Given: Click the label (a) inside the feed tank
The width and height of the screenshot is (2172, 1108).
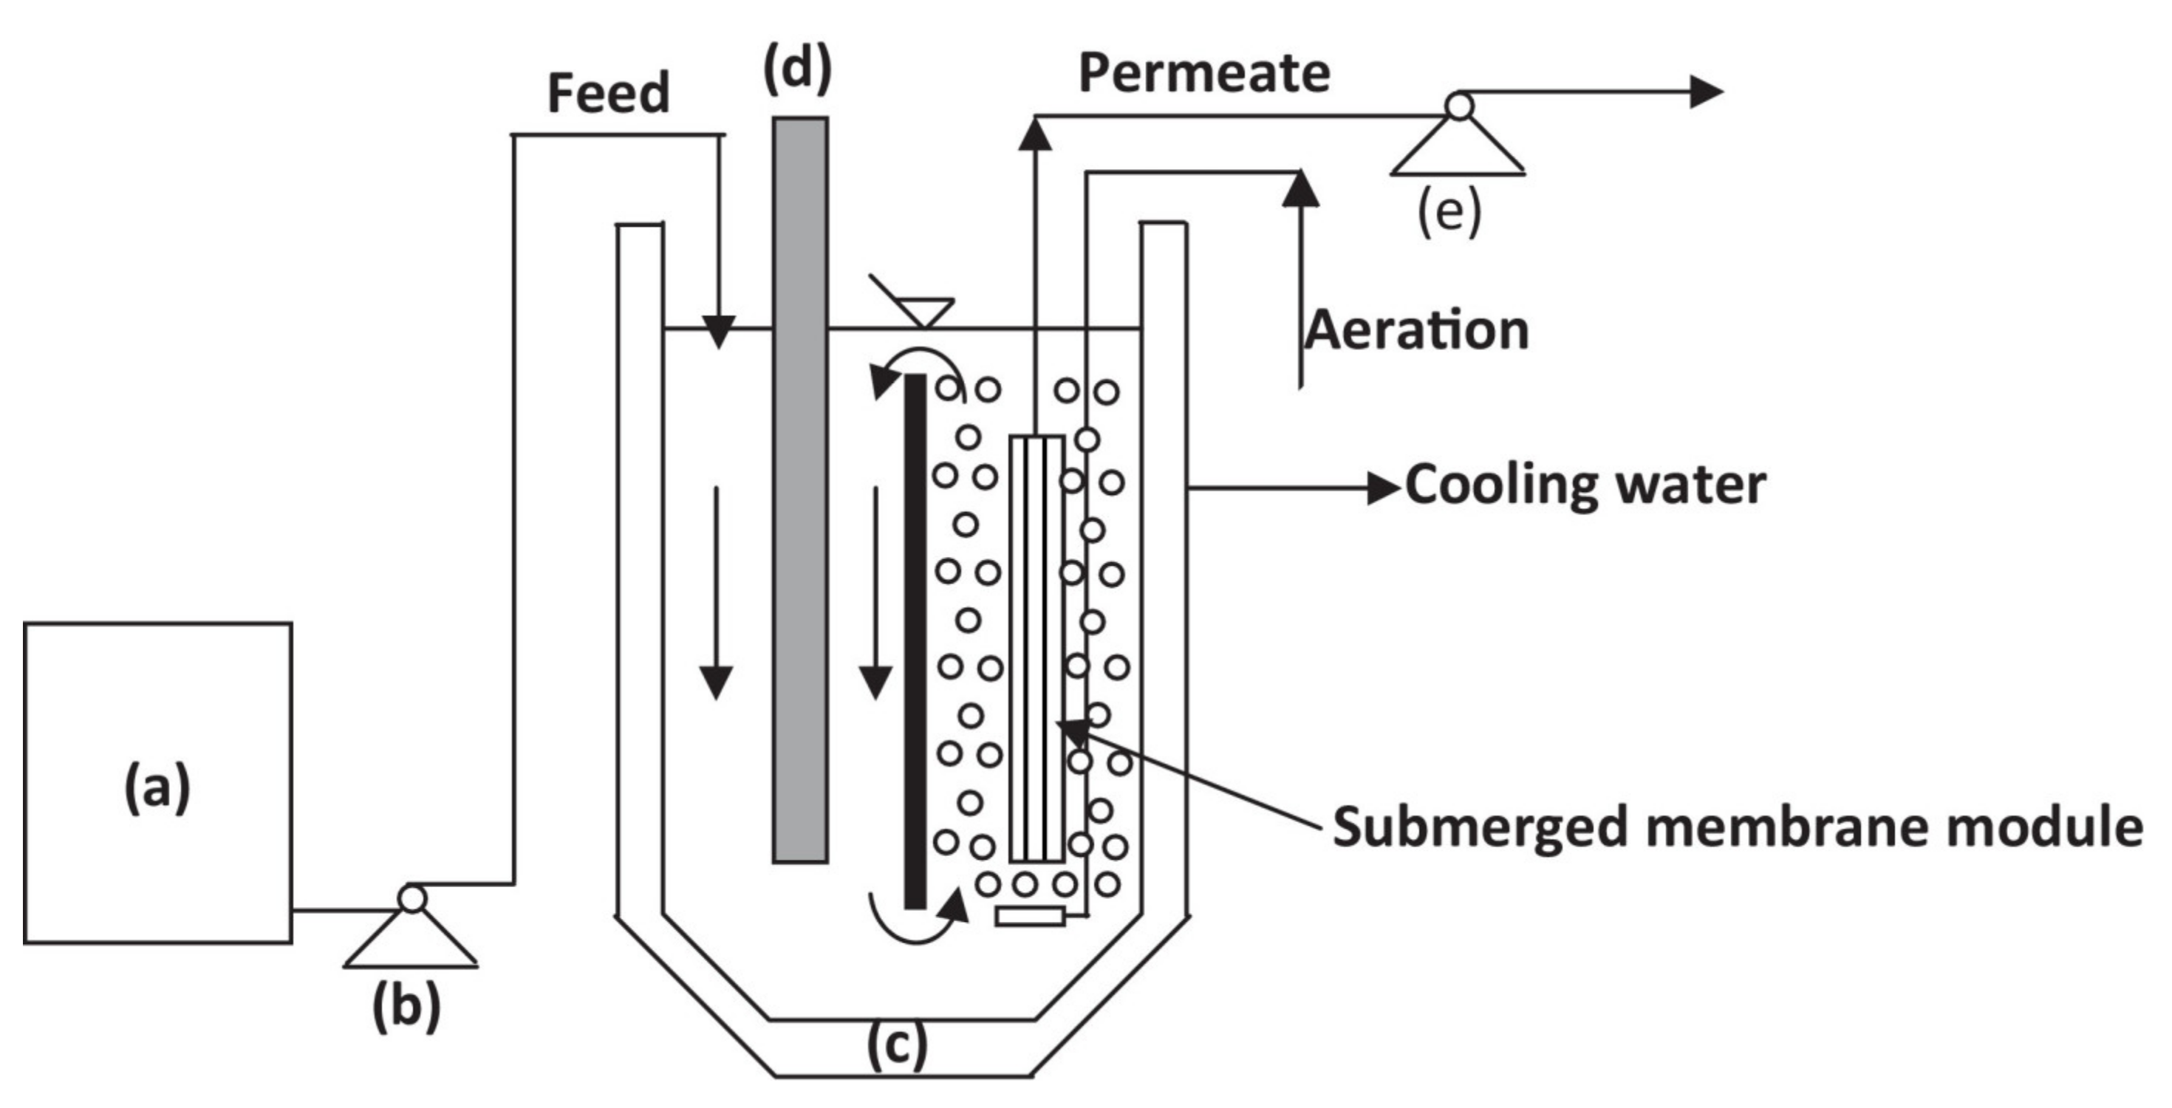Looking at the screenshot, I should click(x=157, y=787).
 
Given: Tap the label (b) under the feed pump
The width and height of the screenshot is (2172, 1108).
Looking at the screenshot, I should click(x=406, y=1006).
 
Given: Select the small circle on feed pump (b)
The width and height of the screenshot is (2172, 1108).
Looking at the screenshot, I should click(x=411, y=899).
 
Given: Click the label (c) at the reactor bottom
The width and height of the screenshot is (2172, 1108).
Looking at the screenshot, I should click(x=897, y=1046).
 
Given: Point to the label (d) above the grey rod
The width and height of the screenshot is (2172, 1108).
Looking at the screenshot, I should click(x=797, y=69).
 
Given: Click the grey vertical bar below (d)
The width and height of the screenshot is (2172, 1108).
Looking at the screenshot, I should click(x=799, y=489).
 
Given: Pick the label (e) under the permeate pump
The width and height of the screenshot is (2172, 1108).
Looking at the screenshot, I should click(x=1449, y=212).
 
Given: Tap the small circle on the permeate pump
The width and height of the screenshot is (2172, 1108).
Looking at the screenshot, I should click(x=1460, y=106).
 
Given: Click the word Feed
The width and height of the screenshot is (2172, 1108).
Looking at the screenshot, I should click(x=608, y=93).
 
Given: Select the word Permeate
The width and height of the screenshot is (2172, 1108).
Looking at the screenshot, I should click(x=1204, y=72).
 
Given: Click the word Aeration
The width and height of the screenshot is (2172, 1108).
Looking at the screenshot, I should click(x=1416, y=329).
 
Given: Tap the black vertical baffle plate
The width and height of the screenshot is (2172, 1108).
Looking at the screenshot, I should click(x=915, y=641).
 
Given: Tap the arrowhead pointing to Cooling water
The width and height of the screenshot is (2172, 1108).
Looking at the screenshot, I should click(x=1383, y=488).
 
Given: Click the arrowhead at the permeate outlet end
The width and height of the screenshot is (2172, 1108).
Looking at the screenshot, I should click(x=1706, y=91).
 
